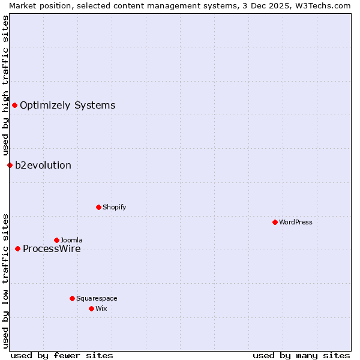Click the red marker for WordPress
[x=275, y=222]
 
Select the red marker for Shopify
[x=98, y=207]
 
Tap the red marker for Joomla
[x=56, y=240]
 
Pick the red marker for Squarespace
[x=72, y=298]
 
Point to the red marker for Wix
[x=91, y=308]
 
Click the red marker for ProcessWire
[x=17, y=248]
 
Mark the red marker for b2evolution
[x=10, y=165]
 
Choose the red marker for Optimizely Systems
[x=14, y=105]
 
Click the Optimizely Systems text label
[x=67, y=106]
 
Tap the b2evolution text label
[x=43, y=166]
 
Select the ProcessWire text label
[x=52, y=249]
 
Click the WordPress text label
[x=296, y=223]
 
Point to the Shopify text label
[x=114, y=208]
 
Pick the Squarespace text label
[x=97, y=299]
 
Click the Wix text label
[x=101, y=309]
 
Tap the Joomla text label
[x=71, y=241]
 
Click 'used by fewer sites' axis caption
[x=62, y=355]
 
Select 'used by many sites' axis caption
[x=301, y=355]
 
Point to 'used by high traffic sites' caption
[x=5, y=85]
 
